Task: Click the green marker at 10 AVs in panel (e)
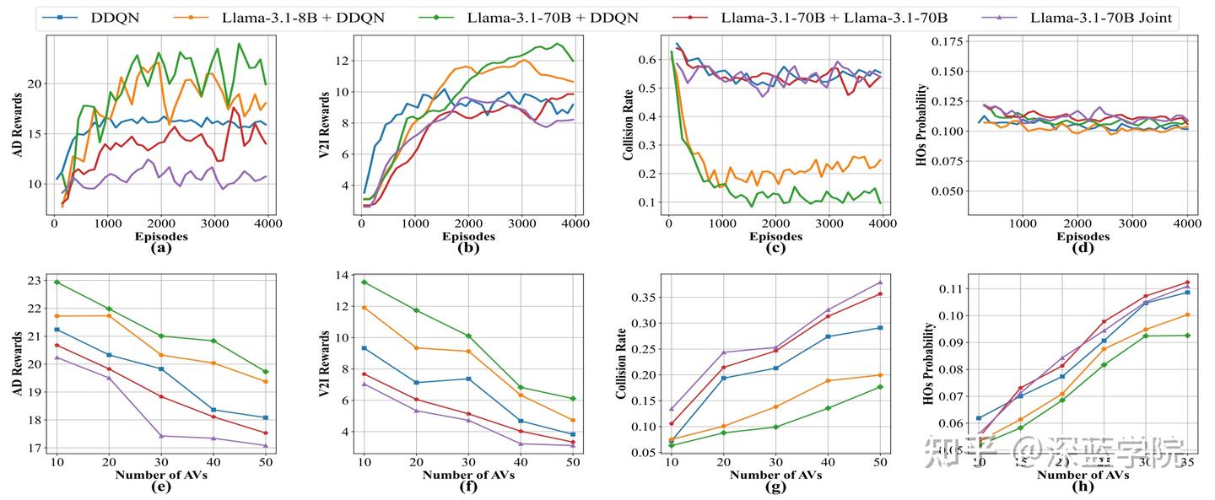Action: point(57,282)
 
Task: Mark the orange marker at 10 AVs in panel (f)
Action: point(364,308)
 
